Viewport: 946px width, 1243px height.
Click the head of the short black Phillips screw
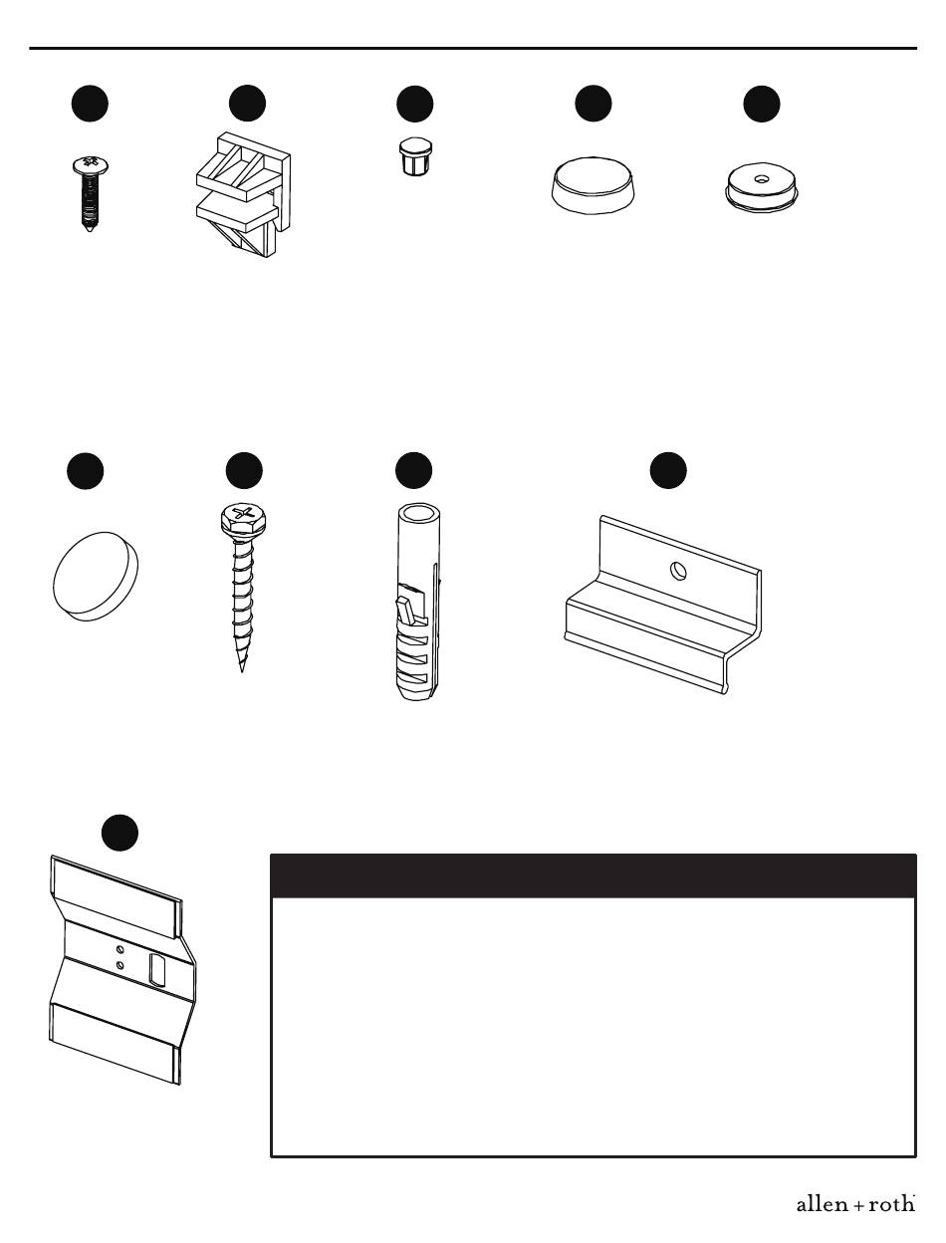click(x=91, y=165)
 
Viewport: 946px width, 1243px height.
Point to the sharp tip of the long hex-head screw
click(x=242, y=670)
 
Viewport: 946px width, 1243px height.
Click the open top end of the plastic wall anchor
click(x=418, y=514)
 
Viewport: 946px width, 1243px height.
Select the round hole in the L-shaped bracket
click(x=678, y=571)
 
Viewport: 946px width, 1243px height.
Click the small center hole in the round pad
click(x=761, y=179)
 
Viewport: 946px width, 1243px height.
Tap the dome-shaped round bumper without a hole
click(x=592, y=185)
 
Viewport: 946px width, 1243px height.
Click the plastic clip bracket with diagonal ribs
click(x=243, y=194)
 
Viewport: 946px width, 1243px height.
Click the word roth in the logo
click(x=891, y=1204)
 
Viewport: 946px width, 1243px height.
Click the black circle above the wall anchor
click(x=414, y=470)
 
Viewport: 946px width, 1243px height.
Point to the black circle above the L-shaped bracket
click(x=668, y=470)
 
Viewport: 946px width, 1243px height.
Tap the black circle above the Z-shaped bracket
click(x=120, y=833)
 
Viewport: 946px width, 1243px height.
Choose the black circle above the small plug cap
click(x=415, y=105)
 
